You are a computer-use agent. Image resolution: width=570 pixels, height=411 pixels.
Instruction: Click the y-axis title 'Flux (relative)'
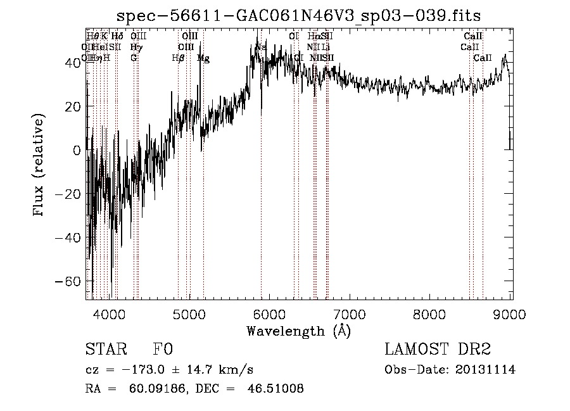(x=39, y=166)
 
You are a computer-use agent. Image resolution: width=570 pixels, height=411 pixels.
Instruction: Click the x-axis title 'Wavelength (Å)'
(x=298, y=331)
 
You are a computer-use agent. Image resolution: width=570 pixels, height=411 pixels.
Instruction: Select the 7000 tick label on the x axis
(x=350, y=313)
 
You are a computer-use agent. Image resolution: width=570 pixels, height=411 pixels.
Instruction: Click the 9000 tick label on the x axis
(x=510, y=313)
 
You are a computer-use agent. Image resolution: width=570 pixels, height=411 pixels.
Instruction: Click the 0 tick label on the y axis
(x=77, y=150)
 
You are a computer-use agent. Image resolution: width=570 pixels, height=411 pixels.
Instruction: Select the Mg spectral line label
(x=203, y=58)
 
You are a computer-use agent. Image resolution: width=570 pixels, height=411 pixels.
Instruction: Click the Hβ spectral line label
(x=178, y=58)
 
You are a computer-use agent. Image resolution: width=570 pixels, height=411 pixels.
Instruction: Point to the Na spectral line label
(x=260, y=47)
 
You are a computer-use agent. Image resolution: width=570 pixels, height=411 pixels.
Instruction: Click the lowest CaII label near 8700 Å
(x=483, y=58)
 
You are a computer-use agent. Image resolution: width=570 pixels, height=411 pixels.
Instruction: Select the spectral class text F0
(x=163, y=350)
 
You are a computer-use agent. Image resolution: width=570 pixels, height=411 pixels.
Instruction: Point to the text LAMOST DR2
(x=437, y=350)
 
